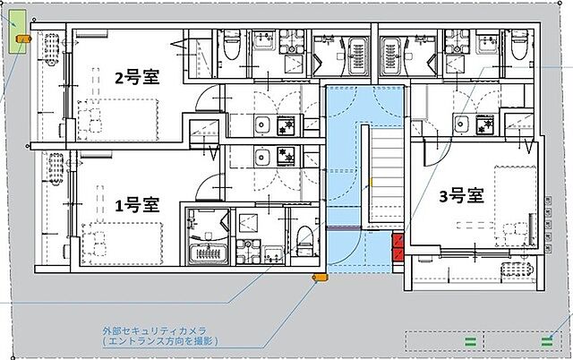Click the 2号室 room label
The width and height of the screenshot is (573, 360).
tap(136, 77)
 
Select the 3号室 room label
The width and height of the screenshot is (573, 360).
tap(462, 194)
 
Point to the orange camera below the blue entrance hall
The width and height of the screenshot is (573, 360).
tap(316, 278)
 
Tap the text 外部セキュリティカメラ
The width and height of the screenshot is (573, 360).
tap(155, 330)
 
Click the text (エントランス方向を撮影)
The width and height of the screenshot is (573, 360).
tap(159, 342)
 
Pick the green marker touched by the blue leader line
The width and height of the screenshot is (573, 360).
tap(545, 339)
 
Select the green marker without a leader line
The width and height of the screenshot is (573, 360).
tap(468, 339)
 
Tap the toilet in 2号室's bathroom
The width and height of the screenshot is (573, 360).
tap(230, 45)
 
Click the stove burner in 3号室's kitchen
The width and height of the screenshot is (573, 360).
tap(486, 123)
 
